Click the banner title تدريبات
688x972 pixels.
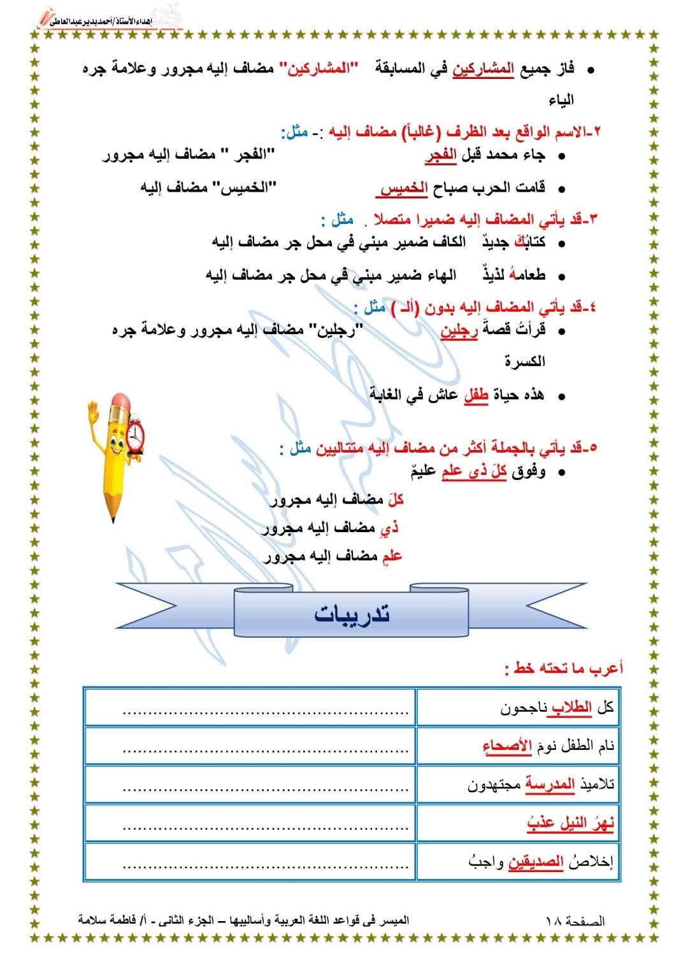[352, 615]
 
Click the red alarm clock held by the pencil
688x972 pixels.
[136, 436]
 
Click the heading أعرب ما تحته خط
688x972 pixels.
[563, 668]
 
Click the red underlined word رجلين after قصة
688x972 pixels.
[459, 331]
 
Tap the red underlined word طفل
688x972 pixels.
[475, 395]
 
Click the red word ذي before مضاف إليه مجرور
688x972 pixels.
[389, 528]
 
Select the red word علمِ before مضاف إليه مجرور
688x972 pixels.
[392, 556]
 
